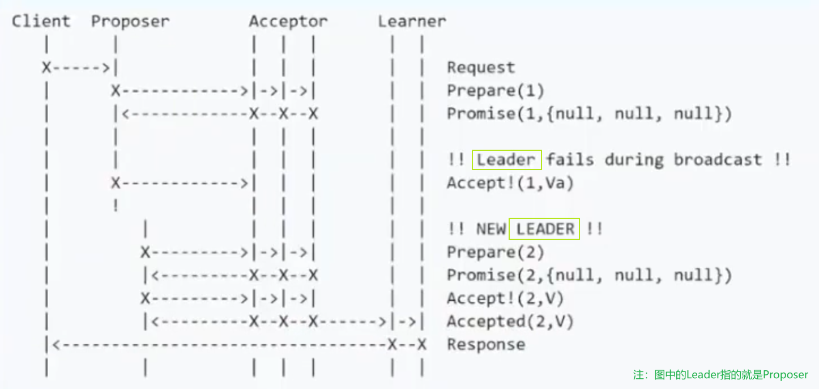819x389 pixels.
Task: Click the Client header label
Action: [41, 22]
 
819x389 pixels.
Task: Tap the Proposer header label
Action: [130, 22]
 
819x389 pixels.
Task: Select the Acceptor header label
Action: [288, 22]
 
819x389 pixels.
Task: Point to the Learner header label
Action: [412, 22]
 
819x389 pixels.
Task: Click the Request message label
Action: [481, 67]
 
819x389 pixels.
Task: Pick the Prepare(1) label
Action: [496, 91]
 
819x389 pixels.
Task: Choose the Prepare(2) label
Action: [496, 252]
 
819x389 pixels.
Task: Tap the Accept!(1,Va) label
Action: [510, 183]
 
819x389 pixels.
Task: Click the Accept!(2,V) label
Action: [505, 298]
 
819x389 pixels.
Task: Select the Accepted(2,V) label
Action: [510, 322]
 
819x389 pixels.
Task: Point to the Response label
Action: [486, 345]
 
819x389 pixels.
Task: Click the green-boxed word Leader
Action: [506, 160]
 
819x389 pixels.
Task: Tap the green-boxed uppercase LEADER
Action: [545, 229]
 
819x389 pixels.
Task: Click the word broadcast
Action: [718, 160]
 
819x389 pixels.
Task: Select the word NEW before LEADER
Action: [491, 229]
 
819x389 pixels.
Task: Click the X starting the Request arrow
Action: [46, 67]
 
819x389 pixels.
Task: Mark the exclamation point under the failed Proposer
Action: [116, 206]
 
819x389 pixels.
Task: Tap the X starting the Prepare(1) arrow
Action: [116, 91]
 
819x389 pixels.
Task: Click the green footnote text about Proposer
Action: [720, 375]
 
